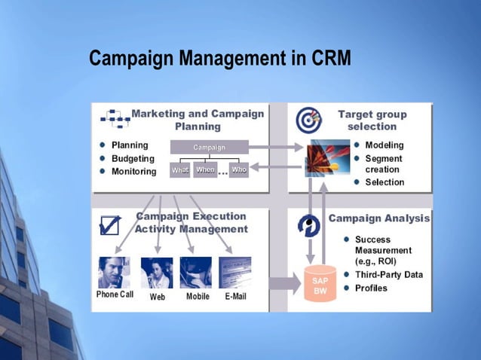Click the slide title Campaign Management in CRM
click(219, 58)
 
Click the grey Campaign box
click(209, 148)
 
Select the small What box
click(179, 170)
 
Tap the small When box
click(205, 170)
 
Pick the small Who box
click(238, 170)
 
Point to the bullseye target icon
click(308, 120)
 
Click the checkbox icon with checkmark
click(110, 224)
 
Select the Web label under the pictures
click(158, 297)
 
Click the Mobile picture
click(196, 273)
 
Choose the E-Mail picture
click(235, 273)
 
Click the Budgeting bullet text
click(133, 159)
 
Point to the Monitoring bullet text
click(133, 172)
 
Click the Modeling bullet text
click(384, 145)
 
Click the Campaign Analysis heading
click(379, 218)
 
